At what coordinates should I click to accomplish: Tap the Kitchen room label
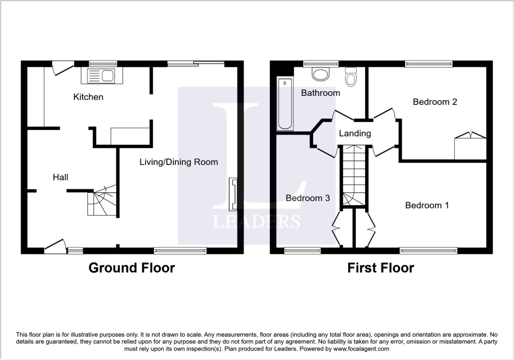click(x=88, y=97)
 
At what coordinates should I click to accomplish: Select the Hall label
click(x=60, y=177)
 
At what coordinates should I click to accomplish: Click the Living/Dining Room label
click(x=179, y=162)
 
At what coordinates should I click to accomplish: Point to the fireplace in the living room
click(x=232, y=194)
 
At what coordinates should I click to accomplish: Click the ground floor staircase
click(x=102, y=202)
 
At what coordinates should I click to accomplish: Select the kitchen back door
click(x=63, y=67)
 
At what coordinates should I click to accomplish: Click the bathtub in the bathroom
click(x=285, y=104)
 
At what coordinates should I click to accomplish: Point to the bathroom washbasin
click(x=321, y=74)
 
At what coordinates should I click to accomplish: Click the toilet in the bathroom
click(x=351, y=77)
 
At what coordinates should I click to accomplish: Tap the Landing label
click(x=355, y=134)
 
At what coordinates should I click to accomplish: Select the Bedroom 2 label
click(x=435, y=102)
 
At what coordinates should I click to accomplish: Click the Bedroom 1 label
click(x=427, y=205)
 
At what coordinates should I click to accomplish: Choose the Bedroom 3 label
click(x=308, y=198)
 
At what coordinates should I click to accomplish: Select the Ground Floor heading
click(x=131, y=268)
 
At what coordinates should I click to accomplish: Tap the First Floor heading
click(x=380, y=268)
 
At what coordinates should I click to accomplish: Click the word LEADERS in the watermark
click(x=256, y=221)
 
